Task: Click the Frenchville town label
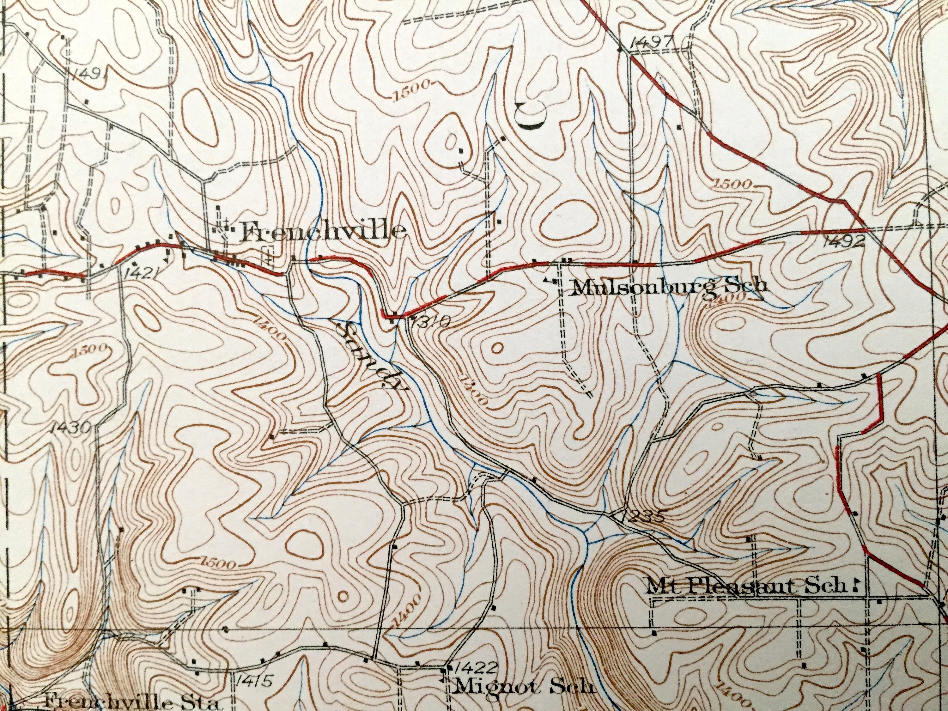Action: coord(324,232)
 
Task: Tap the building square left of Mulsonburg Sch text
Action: coord(556,282)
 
